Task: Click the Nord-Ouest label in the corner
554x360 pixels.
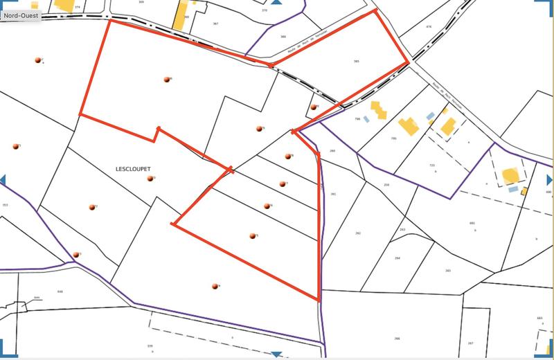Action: [x=19, y=12]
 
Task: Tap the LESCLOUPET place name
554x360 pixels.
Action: [x=133, y=168]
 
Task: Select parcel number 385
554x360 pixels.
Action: [x=356, y=62]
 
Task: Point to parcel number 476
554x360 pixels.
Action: [x=429, y=27]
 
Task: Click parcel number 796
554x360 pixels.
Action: [x=357, y=119]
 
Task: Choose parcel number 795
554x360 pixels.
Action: [x=394, y=139]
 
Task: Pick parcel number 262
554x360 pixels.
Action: [x=357, y=233]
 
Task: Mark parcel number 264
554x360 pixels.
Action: [x=397, y=258]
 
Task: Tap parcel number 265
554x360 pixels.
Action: [x=448, y=271]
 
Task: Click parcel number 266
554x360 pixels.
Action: [x=397, y=338]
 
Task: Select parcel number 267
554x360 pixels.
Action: [x=470, y=343]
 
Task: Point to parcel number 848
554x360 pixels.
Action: [x=60, y=291]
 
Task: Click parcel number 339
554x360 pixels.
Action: [x=150, y=345]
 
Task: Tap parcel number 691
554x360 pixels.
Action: [x=472, y=223]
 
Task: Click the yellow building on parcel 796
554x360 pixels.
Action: [x=378, y=110]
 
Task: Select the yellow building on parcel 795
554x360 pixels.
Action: [x=407, y=127]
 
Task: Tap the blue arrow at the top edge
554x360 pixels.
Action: [x=276, y=3]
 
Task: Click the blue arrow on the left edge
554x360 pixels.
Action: [x=3, y=180]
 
